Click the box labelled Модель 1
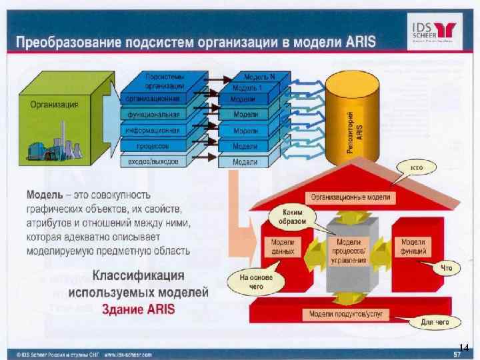tap(249, 87)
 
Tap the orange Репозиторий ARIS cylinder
tap(357, 127)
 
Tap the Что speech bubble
tap(447, 268)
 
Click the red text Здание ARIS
tap(138, 309)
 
